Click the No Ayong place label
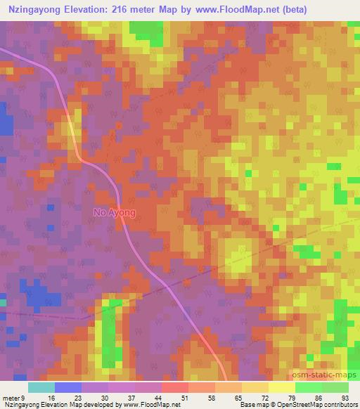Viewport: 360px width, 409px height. click(x=115, y=212)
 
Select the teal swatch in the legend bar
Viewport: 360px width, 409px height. click(x=41, y=387)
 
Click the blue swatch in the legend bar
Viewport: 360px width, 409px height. click(x=68, y=387)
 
